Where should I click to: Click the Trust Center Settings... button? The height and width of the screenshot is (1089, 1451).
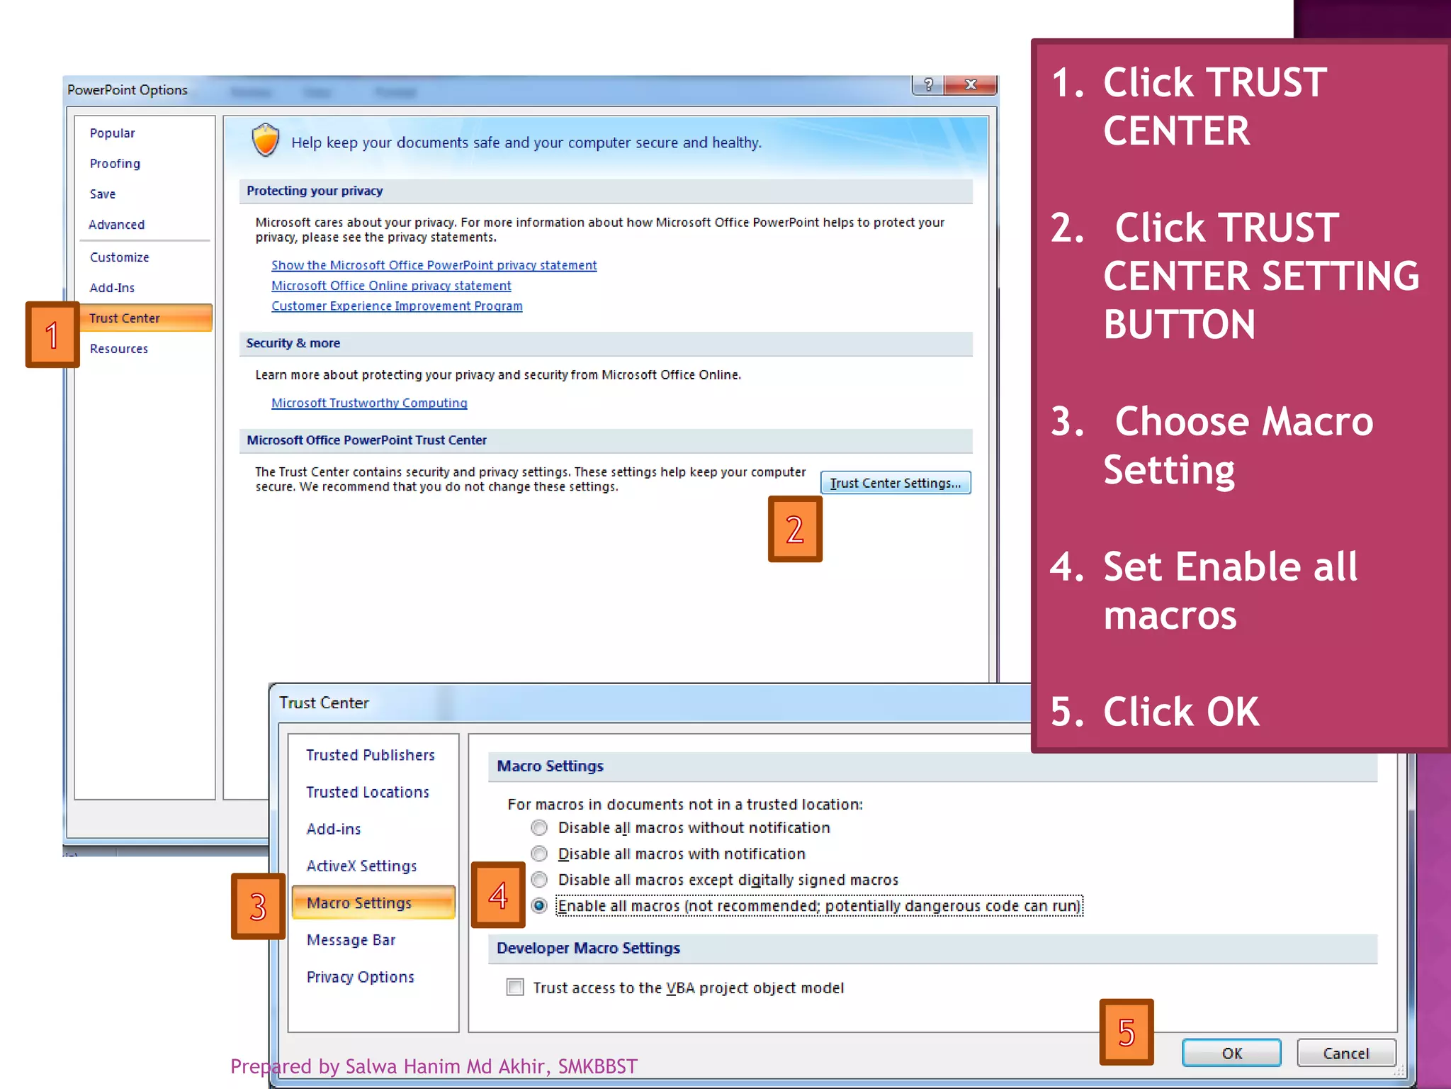point(895,483)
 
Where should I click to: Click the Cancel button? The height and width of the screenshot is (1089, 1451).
point(1345,1053)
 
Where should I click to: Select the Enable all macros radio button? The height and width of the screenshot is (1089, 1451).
point(539,905)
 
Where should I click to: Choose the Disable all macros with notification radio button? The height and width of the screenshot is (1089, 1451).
point(539,854)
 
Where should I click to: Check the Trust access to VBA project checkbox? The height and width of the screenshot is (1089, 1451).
point(515,987)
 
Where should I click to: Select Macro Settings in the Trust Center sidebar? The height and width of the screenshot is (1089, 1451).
point(359,903)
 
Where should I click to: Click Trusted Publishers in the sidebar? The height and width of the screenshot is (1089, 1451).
point(370,755)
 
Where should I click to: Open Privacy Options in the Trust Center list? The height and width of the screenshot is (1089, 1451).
point(360,977)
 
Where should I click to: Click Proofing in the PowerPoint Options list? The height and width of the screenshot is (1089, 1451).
point(115,164)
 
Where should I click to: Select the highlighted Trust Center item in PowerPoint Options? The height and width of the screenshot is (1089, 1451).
point(125,318)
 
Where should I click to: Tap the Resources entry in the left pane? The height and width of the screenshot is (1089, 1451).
point(119,349)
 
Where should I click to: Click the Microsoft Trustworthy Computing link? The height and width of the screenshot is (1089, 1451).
point(369,403)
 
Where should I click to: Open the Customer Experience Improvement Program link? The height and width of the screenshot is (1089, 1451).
point(397,306)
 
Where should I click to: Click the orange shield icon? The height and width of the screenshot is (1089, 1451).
point(266,140)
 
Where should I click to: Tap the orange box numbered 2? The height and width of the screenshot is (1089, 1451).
point(795,529)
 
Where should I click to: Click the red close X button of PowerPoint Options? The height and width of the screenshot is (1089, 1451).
point(971,85)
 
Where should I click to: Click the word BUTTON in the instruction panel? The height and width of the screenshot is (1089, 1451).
point(1179,325)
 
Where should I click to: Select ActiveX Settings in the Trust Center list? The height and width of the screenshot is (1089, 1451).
point(361,866)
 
